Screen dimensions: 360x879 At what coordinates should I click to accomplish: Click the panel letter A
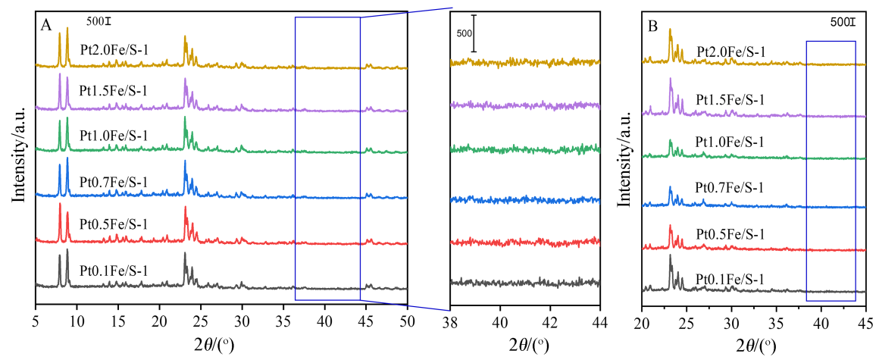coord(46,25)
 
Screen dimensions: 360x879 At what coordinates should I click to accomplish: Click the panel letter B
coord(652,25)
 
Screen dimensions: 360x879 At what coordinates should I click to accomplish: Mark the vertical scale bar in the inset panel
coord(474,33)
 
